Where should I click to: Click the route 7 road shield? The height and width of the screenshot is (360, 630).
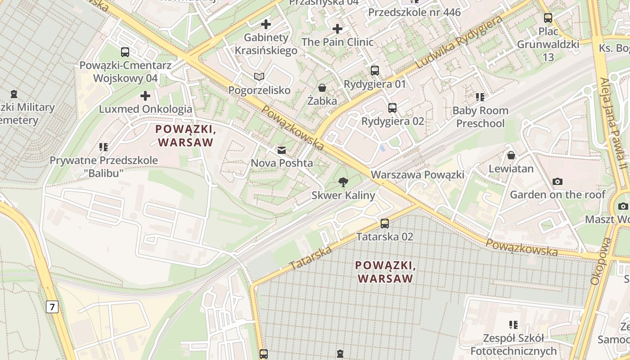(x=52, y=307)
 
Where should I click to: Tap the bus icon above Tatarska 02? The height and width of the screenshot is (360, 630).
(x=384, y=223)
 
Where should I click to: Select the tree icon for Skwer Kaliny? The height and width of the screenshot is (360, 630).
(x=343, y=182)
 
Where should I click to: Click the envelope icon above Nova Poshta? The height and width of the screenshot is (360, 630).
(x=282, y=150)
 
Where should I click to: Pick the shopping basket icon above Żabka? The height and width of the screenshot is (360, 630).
(x=322, y=88)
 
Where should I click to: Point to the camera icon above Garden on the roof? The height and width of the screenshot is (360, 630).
(x=558, y=181)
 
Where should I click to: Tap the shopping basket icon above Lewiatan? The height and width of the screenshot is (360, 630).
(x=511, y=155)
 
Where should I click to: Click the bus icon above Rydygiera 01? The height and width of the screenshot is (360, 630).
(x=375, y=71)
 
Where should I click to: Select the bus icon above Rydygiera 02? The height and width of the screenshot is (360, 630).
(x=392, y=108)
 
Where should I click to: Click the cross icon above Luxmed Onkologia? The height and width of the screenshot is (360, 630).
(x=145, y=96)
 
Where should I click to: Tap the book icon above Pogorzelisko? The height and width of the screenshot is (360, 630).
(x=259, y=77)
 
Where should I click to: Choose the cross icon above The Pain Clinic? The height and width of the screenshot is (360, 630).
(x=337, y=29)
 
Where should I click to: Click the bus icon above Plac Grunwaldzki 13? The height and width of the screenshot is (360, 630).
(x=548, y=18)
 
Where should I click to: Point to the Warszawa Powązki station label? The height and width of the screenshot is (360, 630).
(x=417, y=175)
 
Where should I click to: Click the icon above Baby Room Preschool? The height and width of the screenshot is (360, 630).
(x=480, y=97)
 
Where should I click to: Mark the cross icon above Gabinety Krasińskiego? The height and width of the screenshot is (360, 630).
(x=266, y=24)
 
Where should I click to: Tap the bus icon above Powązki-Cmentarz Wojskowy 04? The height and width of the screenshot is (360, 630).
(x=125, y=52)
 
